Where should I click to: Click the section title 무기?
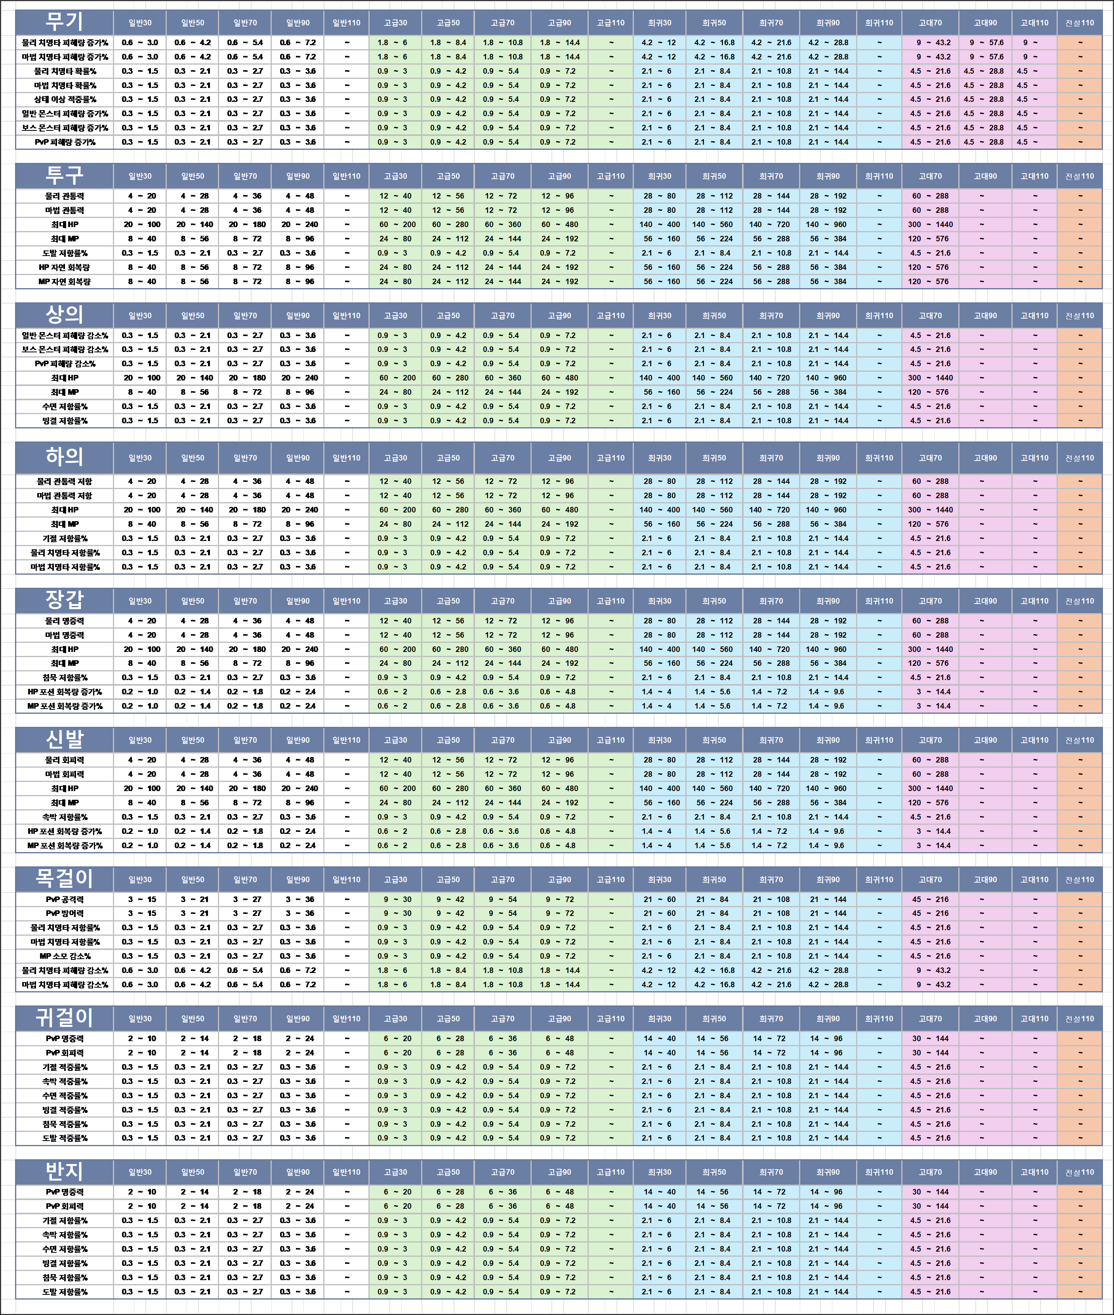(64, 22)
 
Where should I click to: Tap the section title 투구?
(64, 176)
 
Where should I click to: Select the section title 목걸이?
(64, 879)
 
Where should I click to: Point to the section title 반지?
(64, 1172)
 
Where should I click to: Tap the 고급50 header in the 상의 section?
(448, 316)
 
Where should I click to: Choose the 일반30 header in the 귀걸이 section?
(139, 1019)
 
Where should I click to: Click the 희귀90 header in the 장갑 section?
(827, 601)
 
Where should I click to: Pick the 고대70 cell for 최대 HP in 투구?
(930, 224)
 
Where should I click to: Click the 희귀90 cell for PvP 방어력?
(827, 913)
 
